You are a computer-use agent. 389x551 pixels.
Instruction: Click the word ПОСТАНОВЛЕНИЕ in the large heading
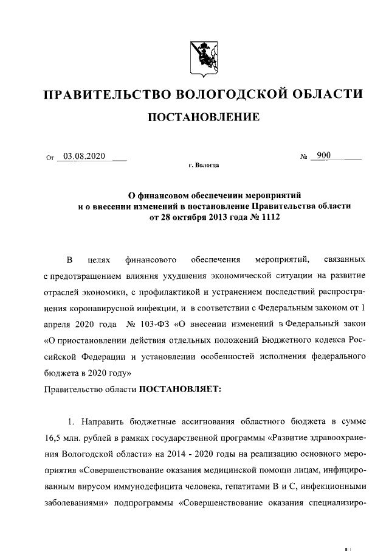click(204, 116)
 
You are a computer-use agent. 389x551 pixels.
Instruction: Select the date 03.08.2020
click(84, 156)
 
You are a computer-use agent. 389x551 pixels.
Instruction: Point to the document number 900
click(323, 156)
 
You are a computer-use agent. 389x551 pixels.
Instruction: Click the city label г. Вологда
click(204, 165)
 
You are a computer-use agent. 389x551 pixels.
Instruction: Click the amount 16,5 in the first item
click(55, 438)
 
